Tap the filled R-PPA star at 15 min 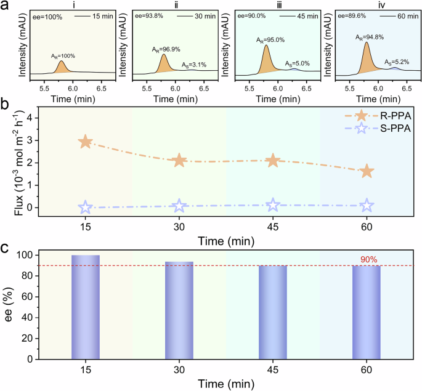click(86, 142)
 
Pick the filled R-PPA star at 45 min click(273, 161)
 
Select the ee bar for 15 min click(86, 307)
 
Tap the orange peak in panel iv click(367, 57)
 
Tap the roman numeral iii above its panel click(274, 5)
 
